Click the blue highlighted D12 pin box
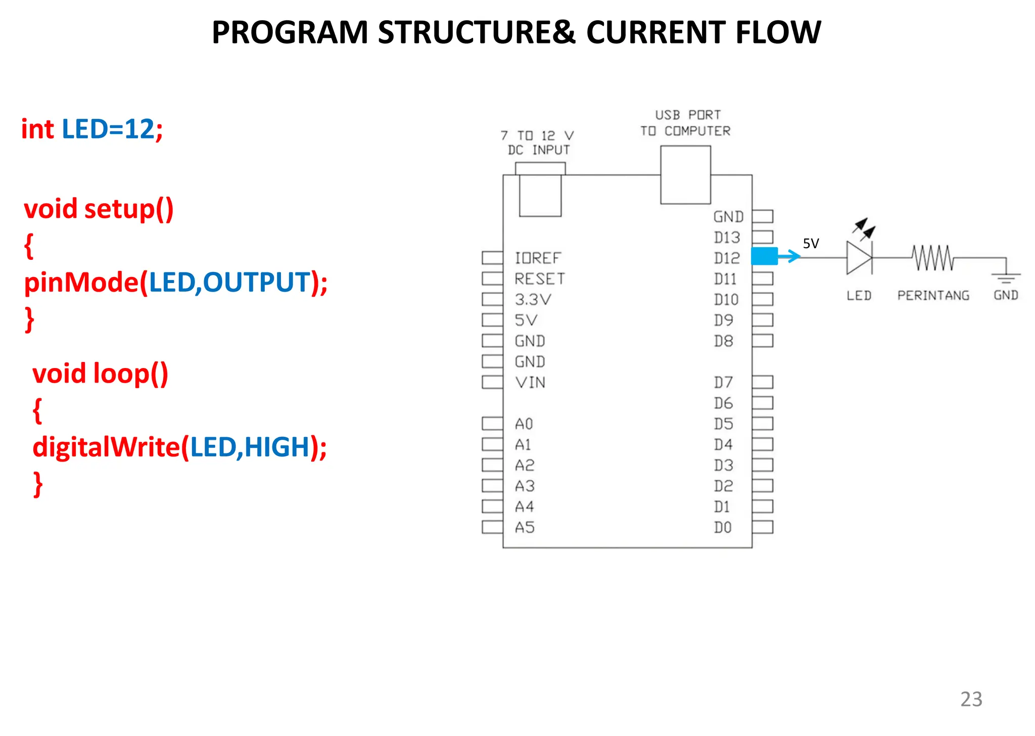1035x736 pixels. point(764,256)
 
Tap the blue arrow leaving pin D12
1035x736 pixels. point(790,256)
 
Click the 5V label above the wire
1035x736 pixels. point(811,244)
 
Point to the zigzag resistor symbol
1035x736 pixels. point(933,258)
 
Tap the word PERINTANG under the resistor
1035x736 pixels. point(933,295)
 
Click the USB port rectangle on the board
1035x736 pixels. point(685,175)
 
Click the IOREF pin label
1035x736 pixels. point(538,258)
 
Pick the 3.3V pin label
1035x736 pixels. point(533,300)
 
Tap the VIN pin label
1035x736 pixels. point(530,383)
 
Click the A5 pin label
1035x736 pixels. point(525,528)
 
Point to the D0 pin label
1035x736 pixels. point(723,528)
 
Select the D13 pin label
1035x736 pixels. point(727,238)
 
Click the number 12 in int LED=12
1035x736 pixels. point(139,129)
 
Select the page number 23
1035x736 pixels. point(971,699)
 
